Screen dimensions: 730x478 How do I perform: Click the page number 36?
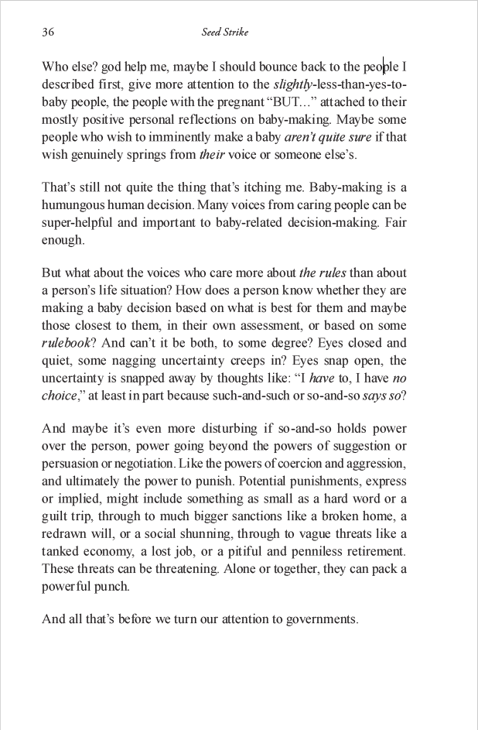coord(47,33)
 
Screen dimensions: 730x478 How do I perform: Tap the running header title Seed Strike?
coord(224,33)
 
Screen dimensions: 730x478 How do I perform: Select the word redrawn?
coord(63,534)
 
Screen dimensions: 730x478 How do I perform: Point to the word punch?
coord(114,586)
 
